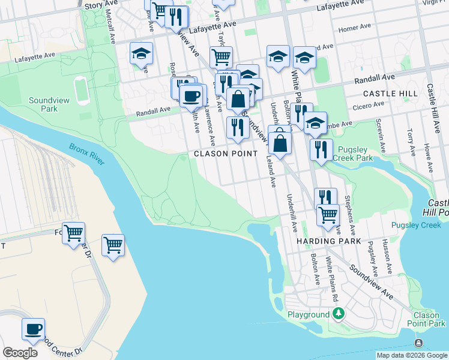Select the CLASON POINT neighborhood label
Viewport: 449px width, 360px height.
[225, 154]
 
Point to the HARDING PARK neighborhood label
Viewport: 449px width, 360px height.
[328, 241]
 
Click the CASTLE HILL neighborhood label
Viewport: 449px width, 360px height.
[390, 94]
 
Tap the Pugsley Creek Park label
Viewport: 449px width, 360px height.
[354, 154]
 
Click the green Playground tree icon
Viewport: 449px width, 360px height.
[339, 314]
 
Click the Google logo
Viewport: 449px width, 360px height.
[20, 353]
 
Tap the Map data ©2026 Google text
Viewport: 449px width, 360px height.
[411, 355]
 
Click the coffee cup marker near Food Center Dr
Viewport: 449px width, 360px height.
[34, 329]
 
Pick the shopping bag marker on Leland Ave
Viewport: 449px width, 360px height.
[280, 143]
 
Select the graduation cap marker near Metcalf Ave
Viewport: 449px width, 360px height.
[141, 54]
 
